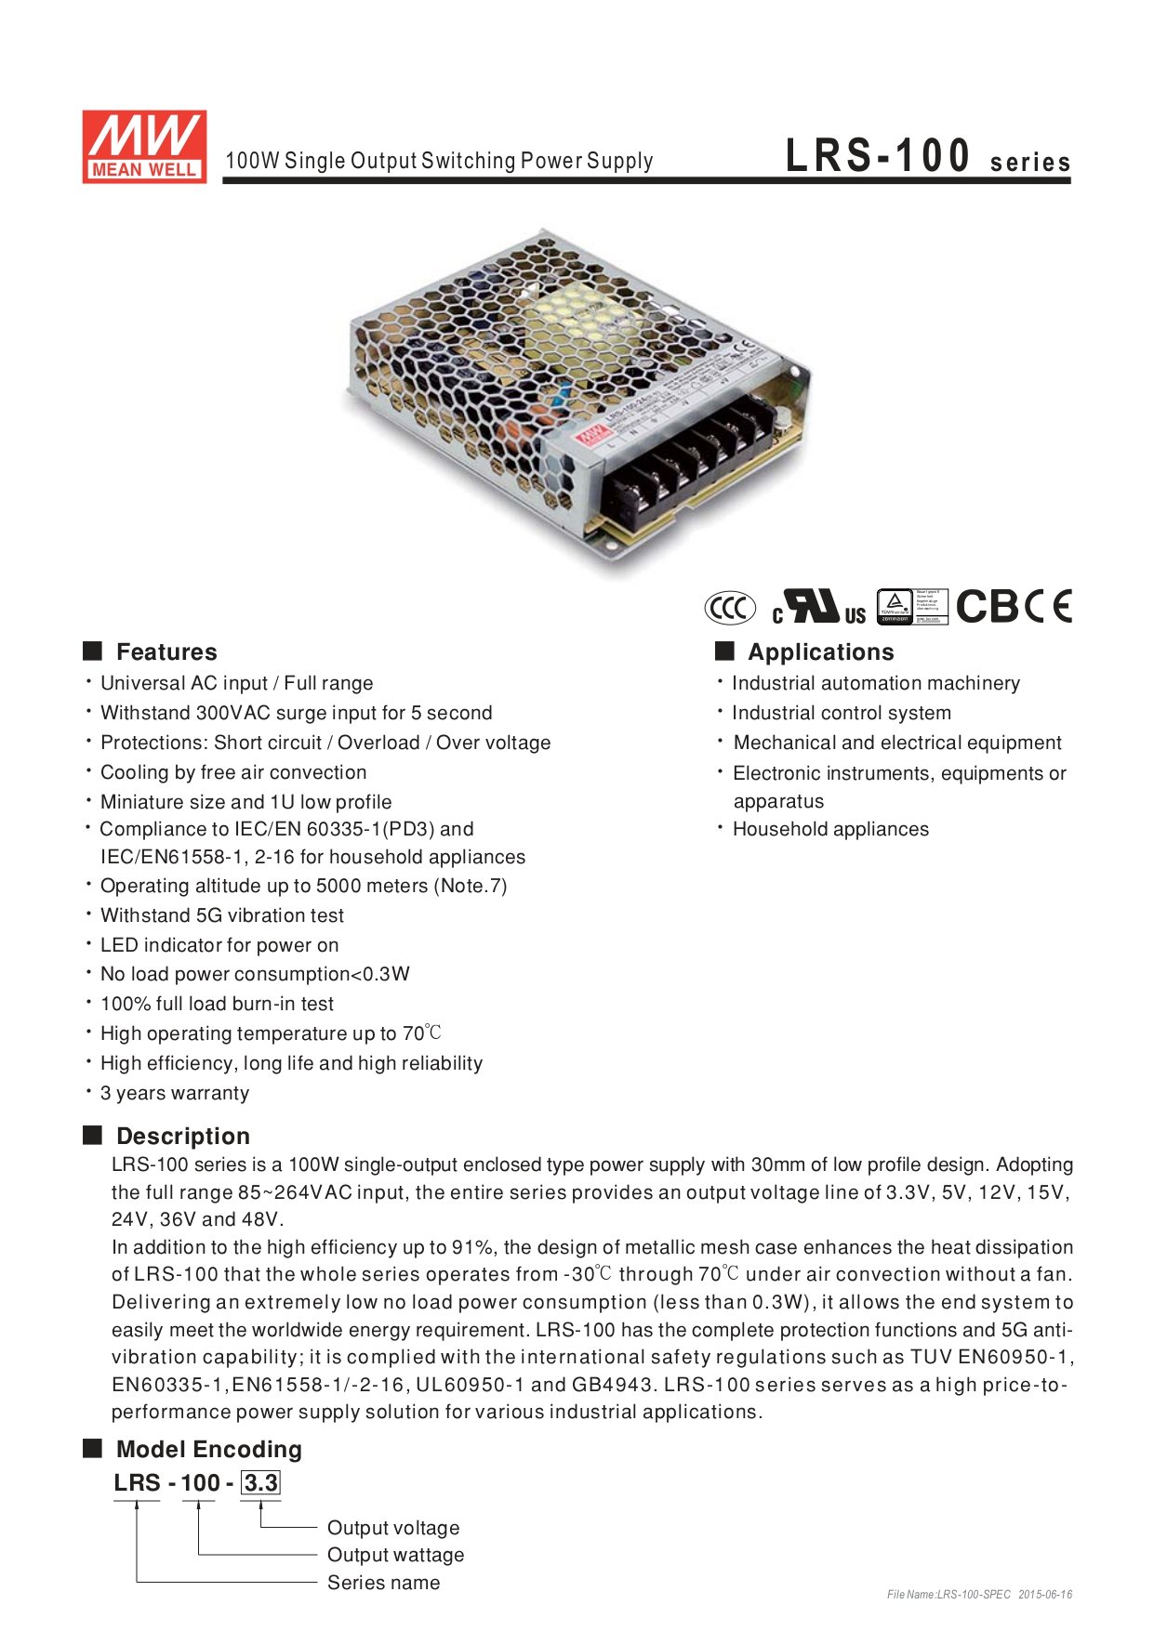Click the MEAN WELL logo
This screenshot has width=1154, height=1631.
[144, 146]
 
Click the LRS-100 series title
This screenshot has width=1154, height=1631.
[927, 157]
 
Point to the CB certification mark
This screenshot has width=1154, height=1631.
[988, 607]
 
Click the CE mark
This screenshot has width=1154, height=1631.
[1051, 607]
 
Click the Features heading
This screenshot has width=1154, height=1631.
[166, 651]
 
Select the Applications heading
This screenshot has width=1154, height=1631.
[820, 651]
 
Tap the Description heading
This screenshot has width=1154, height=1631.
[182, 1136]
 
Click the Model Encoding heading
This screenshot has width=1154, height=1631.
[208, 1449]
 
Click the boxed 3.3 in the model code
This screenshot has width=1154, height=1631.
[260, 1482]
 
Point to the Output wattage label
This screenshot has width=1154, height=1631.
[395, 1555]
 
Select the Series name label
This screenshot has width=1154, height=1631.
[383, 1583]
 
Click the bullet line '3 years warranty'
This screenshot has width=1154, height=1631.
[175, 1093]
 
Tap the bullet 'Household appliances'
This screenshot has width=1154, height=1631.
[830, 829]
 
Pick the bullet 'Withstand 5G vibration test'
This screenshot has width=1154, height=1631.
[221, 915]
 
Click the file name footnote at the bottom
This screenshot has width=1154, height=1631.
[979, 1595]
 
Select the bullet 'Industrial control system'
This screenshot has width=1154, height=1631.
[841, 713]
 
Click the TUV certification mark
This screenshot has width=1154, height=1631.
[912, 607]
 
